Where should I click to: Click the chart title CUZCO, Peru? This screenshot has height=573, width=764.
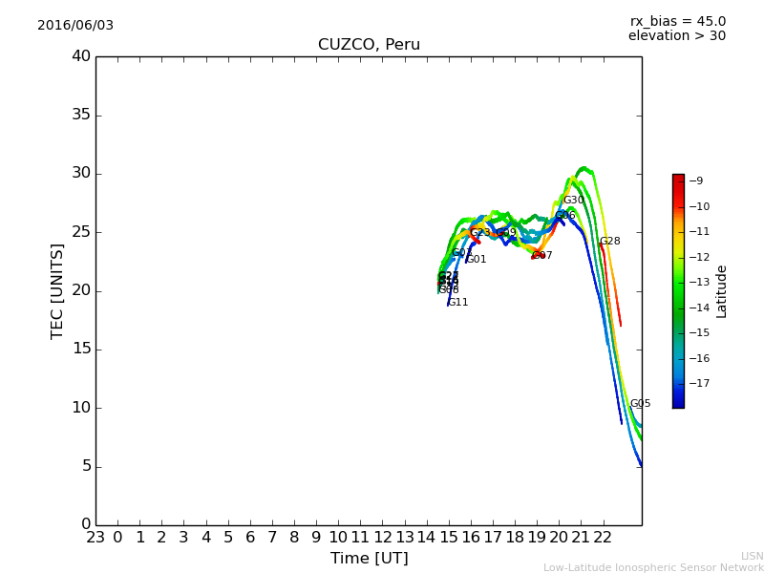click(369, 45)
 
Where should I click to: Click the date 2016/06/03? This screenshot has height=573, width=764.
click(75, 26)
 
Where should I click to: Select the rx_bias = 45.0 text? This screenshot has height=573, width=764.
click(677, 22)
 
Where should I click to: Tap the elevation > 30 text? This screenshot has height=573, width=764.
click(676, 36)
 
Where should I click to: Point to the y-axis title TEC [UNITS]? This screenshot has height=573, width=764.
click(57, 290)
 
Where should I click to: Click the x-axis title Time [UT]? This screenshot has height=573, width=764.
click(369, 559)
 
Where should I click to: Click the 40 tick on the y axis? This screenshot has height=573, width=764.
click(80, 56)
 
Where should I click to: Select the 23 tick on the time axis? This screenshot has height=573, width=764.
click(95, 538)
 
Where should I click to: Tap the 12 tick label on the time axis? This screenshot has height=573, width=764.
click(383, 538)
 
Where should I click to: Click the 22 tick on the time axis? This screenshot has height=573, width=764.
click(604, 538)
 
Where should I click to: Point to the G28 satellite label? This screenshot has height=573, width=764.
click(609, 242)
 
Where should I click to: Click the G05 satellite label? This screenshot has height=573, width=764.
click(640, 404)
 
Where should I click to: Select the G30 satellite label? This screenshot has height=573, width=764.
click(573, 201)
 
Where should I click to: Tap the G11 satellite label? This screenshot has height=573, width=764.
click(458, 303)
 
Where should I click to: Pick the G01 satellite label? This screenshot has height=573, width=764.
click(477, 260)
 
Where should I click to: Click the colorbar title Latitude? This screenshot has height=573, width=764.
click(722, 291)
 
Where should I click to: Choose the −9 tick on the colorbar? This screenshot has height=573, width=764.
click(697, 181)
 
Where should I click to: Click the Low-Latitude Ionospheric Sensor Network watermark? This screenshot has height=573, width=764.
click(653, 568)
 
